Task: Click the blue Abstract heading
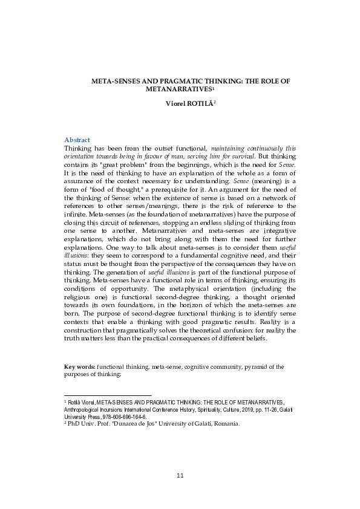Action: pos(77,140)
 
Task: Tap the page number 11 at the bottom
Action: pos(180,476)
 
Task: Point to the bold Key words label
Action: pos(79,366)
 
